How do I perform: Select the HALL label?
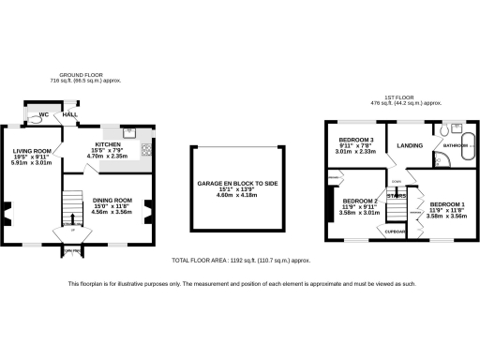coord(69,115)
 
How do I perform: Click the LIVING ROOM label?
coord(31,150)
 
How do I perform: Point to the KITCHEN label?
coord(107,144)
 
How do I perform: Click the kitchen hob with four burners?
coord(146,149)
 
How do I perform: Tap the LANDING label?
coord(409,145)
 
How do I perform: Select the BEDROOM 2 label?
coord(359,201)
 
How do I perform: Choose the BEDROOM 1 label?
coord(447,204)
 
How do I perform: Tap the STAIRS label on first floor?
coord(397,196)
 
